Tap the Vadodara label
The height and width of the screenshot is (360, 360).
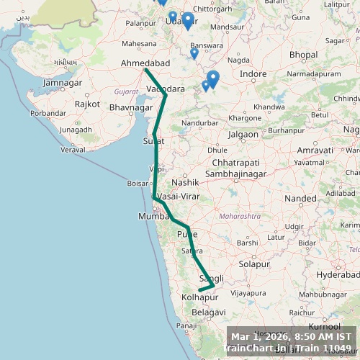tap(166, 89)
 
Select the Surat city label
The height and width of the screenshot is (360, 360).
tap(154, 140)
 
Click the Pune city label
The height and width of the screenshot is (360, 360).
tap(187, 234)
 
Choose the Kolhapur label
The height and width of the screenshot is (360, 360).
tap(199, 297)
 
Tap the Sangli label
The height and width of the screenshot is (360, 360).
tap(211, 279)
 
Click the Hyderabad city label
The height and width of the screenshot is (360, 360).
tap(337, 275)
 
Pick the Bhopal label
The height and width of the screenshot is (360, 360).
tap(302, 55)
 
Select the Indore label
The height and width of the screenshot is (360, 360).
tap(253, 74)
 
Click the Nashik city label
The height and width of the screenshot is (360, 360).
tap(190, 183)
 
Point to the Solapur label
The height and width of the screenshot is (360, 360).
tap(254, 264)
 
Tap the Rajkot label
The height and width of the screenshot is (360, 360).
tap(87, 104)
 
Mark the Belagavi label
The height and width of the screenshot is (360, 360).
tap(209, 312)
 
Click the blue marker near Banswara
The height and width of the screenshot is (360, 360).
tap(194, 53)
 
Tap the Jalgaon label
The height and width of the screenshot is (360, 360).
tap(243, 134)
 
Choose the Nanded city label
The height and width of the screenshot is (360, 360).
tap(300, 198)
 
